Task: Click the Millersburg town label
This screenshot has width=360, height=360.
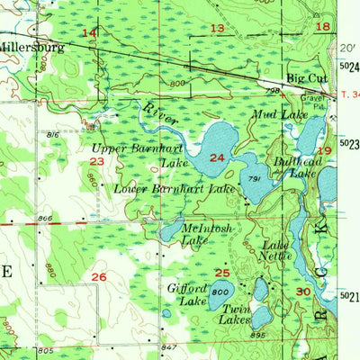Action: pyautogui.click(x=31, y=47)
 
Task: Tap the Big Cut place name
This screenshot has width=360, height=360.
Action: pyautogui.click(x=304, y=78)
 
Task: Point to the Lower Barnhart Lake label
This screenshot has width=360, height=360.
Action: pyautogui.click(x=174, y=189)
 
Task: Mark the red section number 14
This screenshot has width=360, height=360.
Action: pyautogui.click(x=89, y=33)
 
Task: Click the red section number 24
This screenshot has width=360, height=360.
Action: pyautogui.click(x=216, y=158)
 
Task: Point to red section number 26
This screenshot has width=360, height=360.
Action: pyautogui.click(x=100, y=276)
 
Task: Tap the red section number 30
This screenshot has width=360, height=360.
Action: pyautogui.click(x=302, y=292)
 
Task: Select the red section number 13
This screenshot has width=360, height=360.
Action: pyautogui.click(x=218, y=29)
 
